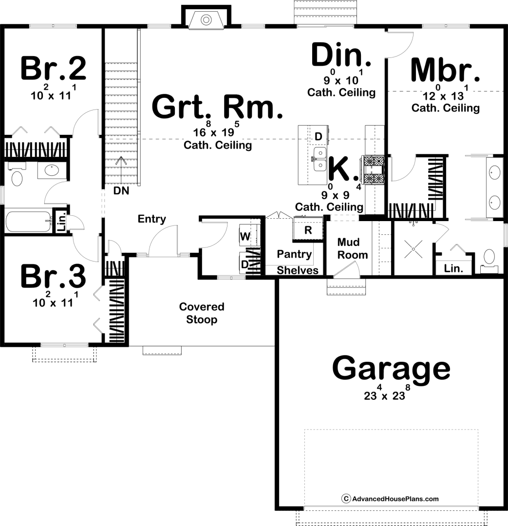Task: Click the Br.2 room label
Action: point(54,69)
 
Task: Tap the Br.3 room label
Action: point(54,277)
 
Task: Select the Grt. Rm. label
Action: point(217,107)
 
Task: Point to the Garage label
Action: point(391,369)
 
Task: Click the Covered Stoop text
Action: point(202,313)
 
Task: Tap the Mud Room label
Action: point(352,248)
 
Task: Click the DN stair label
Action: point(121,190)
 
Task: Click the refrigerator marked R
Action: point(308,229)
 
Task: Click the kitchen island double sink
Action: point(320,159)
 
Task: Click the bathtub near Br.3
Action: point(28,221)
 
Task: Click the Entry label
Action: point(151,219)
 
